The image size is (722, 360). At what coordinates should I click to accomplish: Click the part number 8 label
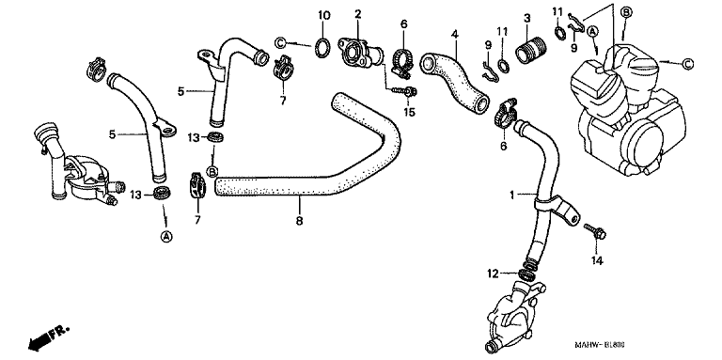299,221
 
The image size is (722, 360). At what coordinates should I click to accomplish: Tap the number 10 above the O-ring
323,16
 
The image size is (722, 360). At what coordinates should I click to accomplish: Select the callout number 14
597,260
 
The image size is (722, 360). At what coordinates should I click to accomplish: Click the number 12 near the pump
494,274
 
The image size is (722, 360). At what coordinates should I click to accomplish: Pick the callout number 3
527,19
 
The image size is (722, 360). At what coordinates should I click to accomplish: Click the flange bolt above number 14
594,231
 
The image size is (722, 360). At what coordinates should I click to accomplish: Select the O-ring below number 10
323,47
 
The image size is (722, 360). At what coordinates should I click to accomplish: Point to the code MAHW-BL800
602,345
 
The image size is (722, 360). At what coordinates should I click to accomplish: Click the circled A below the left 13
166,237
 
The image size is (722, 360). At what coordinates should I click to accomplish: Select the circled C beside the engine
686,64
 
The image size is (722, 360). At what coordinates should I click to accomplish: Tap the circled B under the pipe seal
212,172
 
